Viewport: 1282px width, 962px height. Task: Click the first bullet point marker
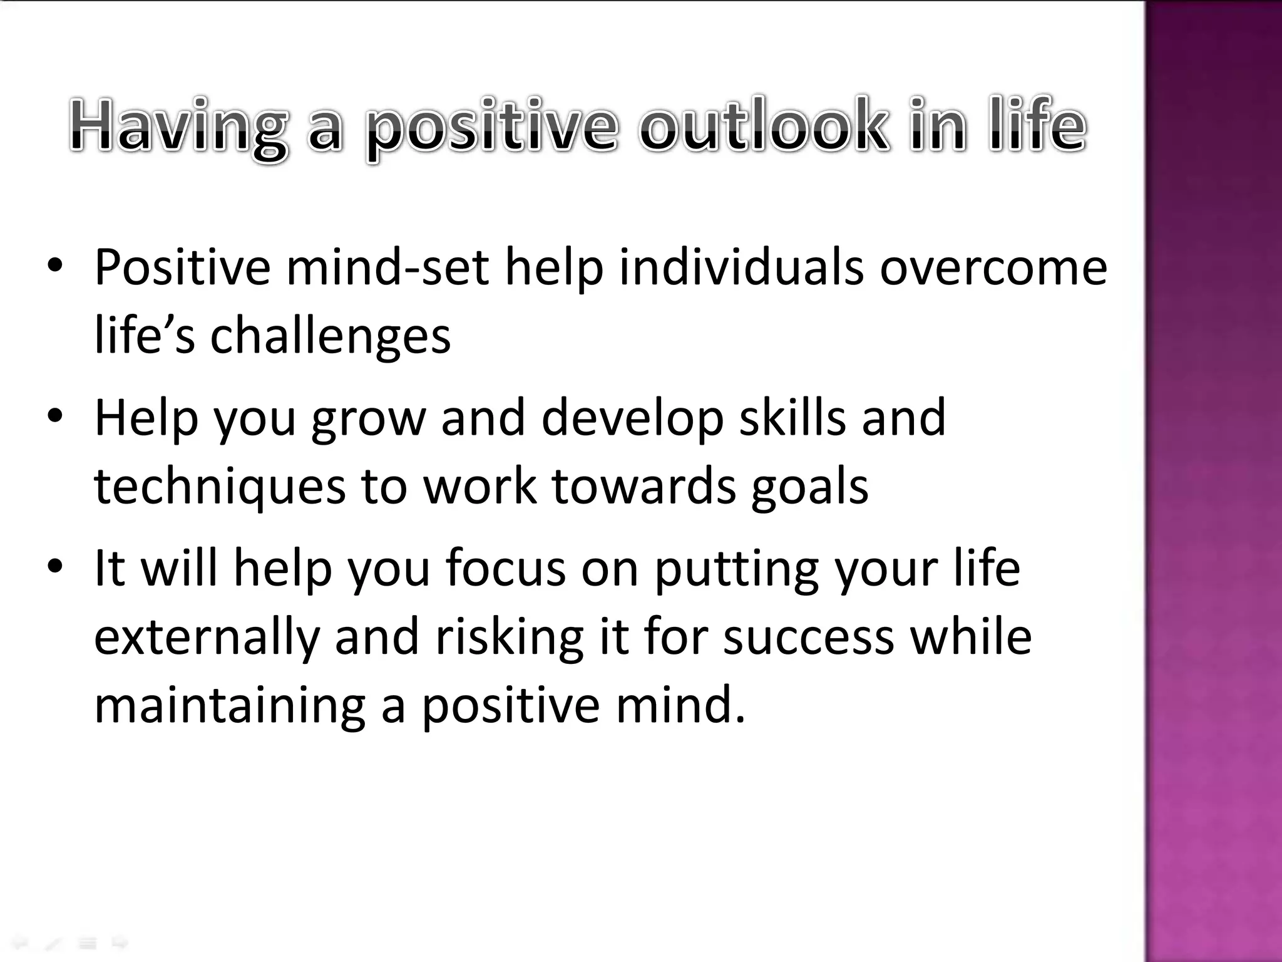55,266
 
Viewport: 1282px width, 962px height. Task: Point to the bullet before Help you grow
55,416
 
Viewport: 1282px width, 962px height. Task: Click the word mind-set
387,268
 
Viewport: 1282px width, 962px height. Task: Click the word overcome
993,268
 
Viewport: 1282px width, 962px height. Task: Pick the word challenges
330,337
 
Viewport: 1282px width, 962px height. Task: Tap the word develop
632,418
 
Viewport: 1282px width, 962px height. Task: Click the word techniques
220,487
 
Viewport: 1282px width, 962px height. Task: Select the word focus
506,569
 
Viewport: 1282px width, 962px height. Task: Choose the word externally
207,638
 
